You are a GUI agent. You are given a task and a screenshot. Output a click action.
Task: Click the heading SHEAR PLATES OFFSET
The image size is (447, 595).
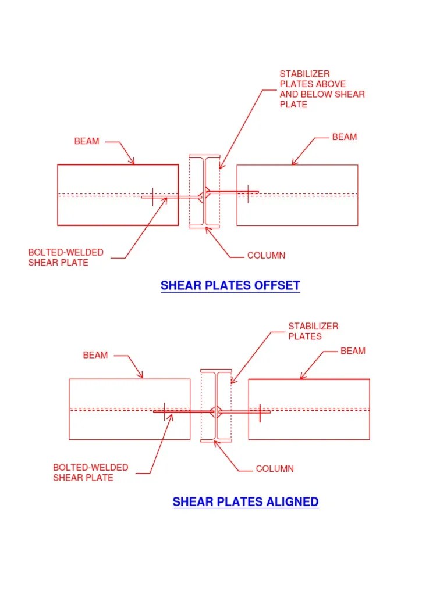coord(230,285)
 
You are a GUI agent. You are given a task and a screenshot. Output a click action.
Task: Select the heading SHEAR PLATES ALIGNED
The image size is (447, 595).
coord(245,501)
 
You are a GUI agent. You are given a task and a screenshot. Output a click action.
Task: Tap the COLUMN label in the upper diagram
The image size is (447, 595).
coord(266,255)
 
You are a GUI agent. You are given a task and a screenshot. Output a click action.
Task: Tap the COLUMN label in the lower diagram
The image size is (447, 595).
coord(275,469)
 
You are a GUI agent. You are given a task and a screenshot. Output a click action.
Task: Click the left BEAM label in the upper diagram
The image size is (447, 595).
coord(87,141)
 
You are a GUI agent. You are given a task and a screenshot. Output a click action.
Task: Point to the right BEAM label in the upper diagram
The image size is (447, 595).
coord(345,137)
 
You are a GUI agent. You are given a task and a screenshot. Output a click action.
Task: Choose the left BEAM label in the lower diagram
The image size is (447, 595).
coord(95,355)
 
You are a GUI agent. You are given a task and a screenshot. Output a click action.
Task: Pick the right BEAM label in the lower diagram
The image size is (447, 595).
coord(353,351)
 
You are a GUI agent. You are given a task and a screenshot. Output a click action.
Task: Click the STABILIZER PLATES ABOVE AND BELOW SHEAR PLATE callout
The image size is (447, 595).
coord(322,89)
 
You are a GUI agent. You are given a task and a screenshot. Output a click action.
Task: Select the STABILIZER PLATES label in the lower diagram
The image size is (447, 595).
coord(313,331)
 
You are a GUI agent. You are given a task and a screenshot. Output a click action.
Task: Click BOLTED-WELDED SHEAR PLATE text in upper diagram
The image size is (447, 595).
coord(66,257)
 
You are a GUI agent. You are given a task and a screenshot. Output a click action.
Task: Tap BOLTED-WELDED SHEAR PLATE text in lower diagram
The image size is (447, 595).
coord(91,472)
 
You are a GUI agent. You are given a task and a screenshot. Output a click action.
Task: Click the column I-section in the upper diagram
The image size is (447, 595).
coord(204,191)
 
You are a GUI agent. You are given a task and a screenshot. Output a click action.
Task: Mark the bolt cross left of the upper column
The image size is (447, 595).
coord(152,196)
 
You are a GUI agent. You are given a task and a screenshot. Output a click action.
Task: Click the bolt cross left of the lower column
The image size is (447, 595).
coord(165,411)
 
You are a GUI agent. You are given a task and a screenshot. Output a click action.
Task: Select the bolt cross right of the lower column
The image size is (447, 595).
coord(260,413)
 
